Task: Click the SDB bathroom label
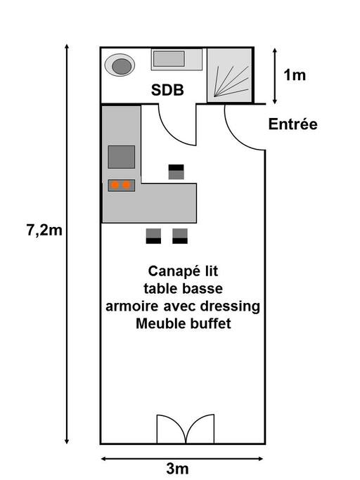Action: [167, 90]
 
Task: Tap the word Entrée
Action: [293, 124]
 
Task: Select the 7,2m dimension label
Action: [44, 231]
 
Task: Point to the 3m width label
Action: [177, 469]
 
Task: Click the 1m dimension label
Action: [295, 75]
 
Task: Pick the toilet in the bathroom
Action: [120, 65]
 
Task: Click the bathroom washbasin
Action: [176, 60]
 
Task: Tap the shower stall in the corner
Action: [230, 75]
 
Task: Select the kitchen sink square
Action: [122, 157]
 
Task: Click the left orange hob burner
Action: [115, 185]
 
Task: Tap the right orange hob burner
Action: [127, 185]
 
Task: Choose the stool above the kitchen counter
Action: [176, 171]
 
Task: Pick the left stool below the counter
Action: [153, 236]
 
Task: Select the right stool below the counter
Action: [180, 236]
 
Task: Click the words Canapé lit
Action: [184, 271]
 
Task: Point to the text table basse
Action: [184, 289]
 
